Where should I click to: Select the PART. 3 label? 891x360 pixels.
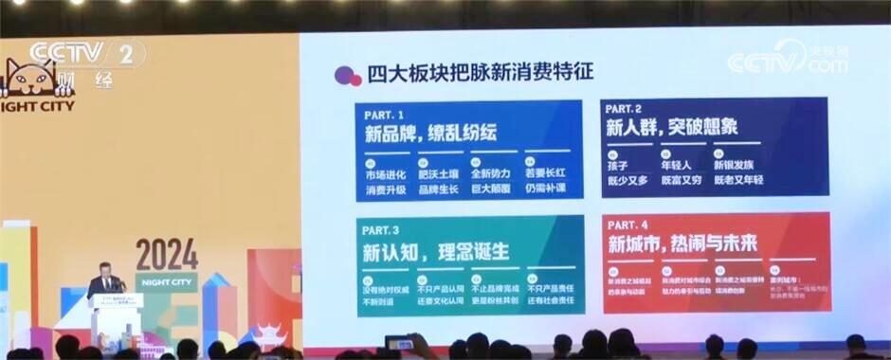pos(386,229)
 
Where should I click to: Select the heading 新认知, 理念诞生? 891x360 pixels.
pos(435,251)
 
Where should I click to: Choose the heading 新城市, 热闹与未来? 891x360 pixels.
pos(682,243)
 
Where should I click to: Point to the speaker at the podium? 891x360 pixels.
pos(106,284)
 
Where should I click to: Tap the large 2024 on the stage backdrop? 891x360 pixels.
pos(167,254)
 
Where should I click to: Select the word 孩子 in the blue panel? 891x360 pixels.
pos(619,164)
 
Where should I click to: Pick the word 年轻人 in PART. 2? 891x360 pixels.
pos(677,164)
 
